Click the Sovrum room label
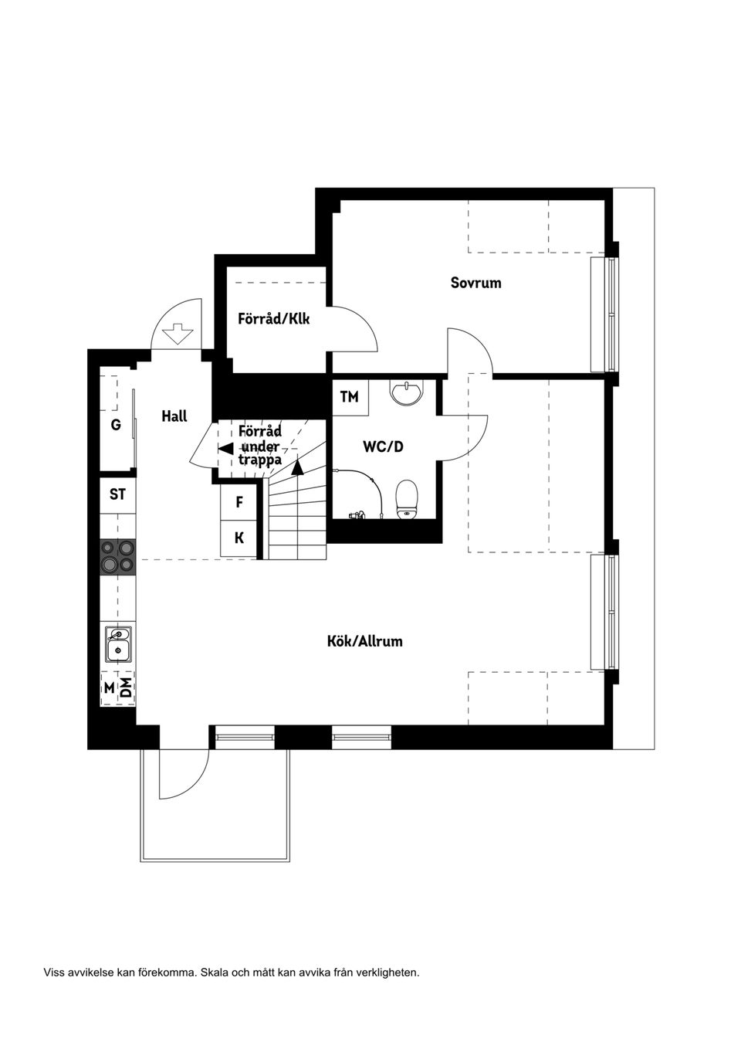click(x=475, y=283)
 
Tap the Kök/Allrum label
click(x=364, y=641)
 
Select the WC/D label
click(x=383, y=446)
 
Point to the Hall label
click(x=174, y=416)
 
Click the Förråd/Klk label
click(x=273, y=318)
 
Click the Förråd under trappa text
click(x=260, y=446)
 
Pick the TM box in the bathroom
click(x=349, y=397)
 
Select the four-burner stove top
click(x=117, y=556)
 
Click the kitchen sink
click(x=118, y=645)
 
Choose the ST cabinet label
click(x=117, y=494)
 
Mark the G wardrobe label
click(x=116, y=424)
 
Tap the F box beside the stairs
click(x=239, y=502)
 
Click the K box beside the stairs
click(x=239, y=538)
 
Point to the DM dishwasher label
click(x=125, y=687)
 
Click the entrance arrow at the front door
click(x=178, y=333)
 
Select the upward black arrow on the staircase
click(x=298, y=464)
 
